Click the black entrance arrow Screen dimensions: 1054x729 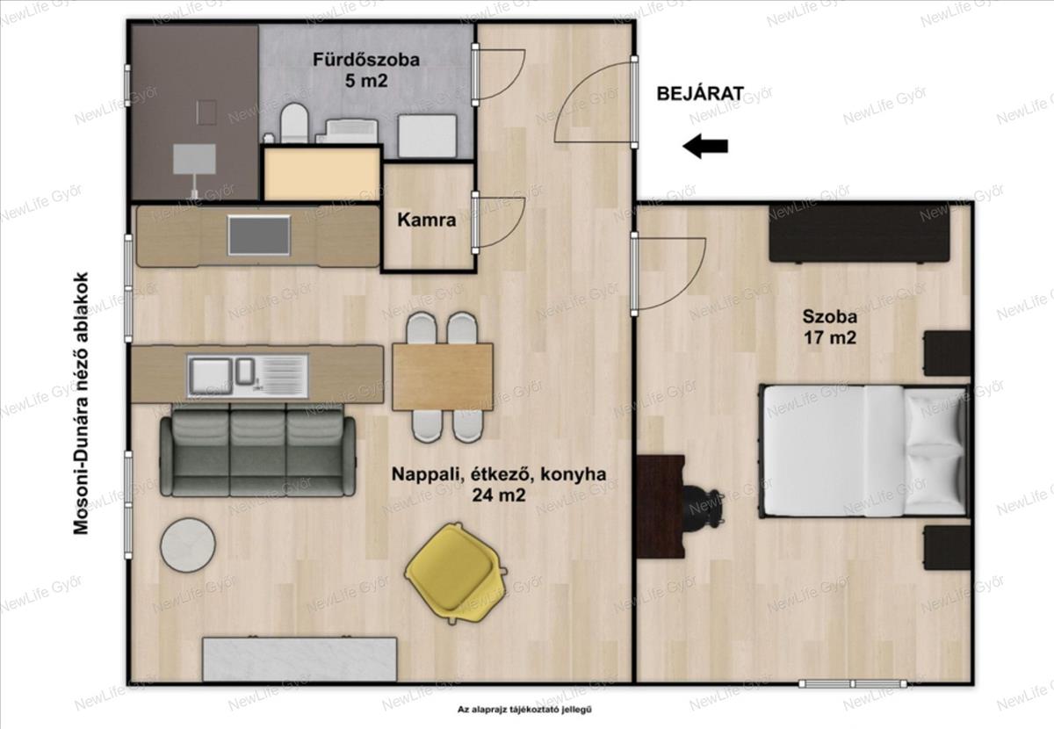coord(705,146)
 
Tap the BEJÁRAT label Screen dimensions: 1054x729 coord(700,94)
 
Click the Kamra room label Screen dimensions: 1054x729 coord(426,220)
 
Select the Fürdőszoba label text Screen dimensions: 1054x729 coord(366,60)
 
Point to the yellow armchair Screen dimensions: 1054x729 coord(455,573)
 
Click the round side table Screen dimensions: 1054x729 coord(188,545)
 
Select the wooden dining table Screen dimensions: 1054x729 coord(443,377)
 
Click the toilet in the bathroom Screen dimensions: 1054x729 coord(294,122)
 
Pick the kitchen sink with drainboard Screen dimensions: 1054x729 coord(248,376)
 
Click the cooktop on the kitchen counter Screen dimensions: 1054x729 coord(259,235)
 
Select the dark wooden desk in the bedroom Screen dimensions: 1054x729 coord(661,507)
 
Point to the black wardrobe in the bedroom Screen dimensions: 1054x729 coord(860,234)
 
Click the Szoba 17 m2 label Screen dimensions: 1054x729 coord(829,327)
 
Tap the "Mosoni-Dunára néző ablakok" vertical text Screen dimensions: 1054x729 coord(81,403)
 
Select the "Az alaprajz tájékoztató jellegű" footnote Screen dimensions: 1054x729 coord(524,709)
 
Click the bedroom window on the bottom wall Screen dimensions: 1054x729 coord(853,683)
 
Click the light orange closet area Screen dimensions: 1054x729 coord(321,175)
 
